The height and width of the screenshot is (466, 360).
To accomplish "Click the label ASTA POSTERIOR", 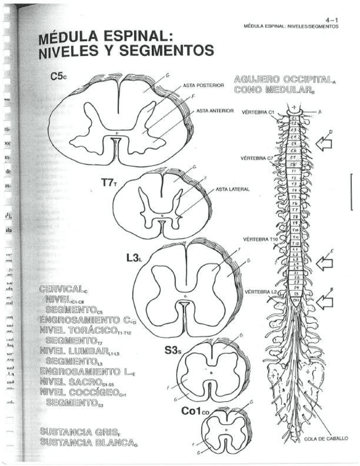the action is tap(203, 86).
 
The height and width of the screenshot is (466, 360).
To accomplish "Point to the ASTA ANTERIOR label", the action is tap(215, 110).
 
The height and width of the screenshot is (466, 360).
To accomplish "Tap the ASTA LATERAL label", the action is tap(233, 189).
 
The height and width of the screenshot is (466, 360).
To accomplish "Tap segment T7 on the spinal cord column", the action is tap(295, 209).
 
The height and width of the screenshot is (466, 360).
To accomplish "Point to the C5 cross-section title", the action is tap(58, 77).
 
